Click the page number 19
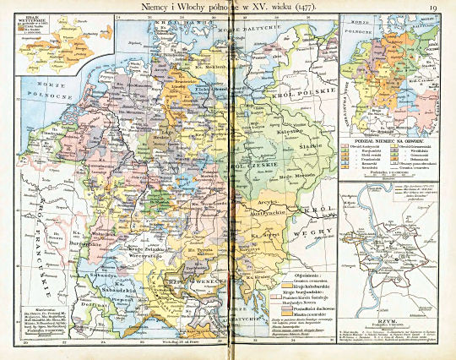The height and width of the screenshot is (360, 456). (432, 8)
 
